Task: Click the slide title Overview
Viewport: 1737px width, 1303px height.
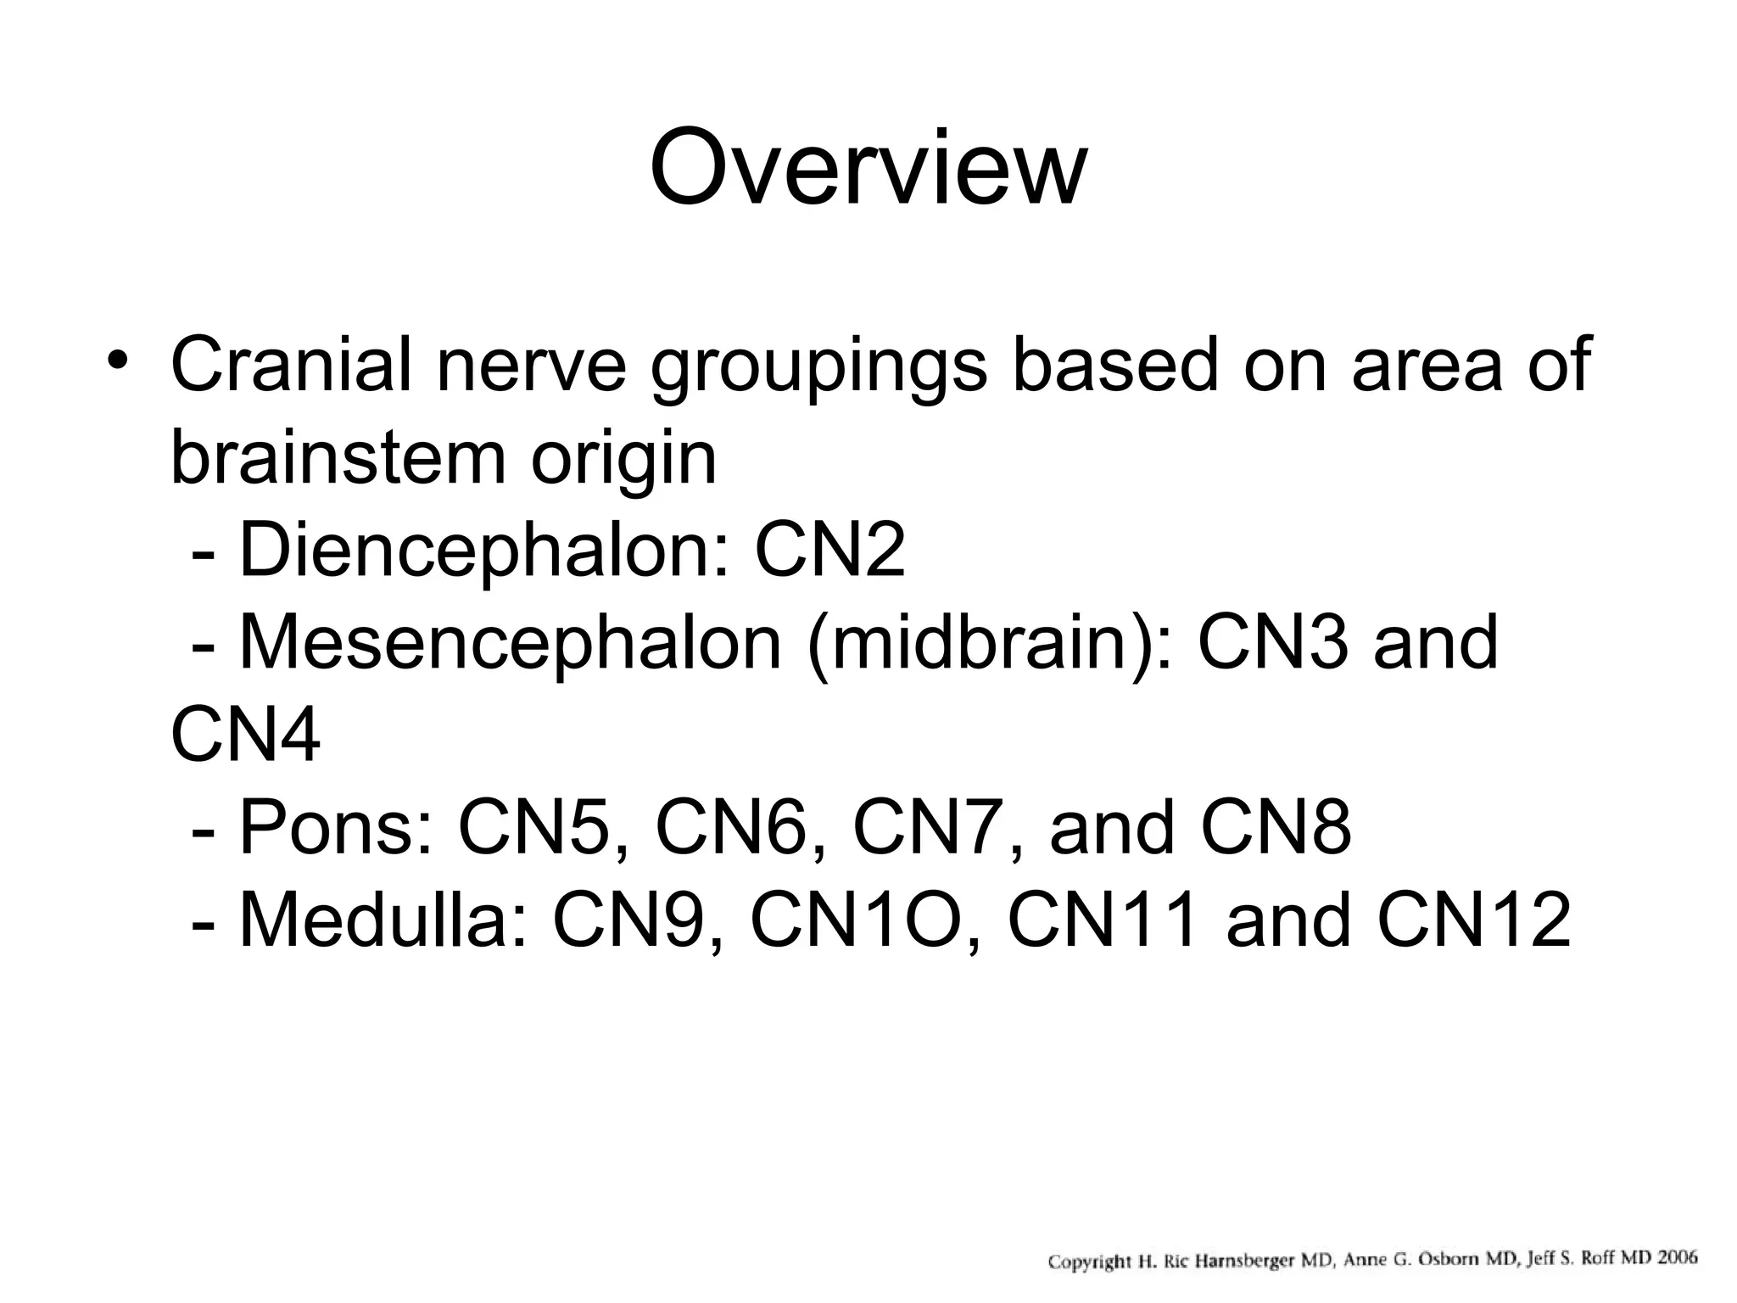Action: pyautogui.click(x=868, y=167)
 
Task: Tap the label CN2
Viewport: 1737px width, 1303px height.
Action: pyautogui.click(x=829, y=551)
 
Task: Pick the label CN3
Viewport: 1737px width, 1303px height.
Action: pyautogui.click(x=1272, y=643)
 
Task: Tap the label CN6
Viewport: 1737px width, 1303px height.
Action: pyautogui.click(x=730, y=827)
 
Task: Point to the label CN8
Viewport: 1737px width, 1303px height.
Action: pyautogui.click(x=1276, y=827)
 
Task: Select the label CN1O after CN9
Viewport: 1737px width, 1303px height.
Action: pyautogui.click(x=864, y=920)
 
